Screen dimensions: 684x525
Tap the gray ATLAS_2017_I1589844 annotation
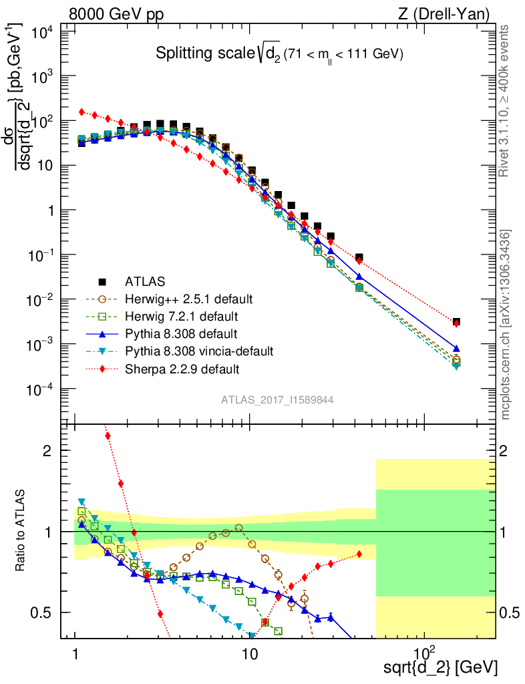(278, 399)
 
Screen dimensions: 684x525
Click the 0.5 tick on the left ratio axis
(50, 613)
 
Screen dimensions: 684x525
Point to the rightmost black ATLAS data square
(456, 322)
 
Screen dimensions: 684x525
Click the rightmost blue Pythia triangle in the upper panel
(456, 348)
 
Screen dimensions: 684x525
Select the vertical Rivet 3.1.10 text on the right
(504, 100)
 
